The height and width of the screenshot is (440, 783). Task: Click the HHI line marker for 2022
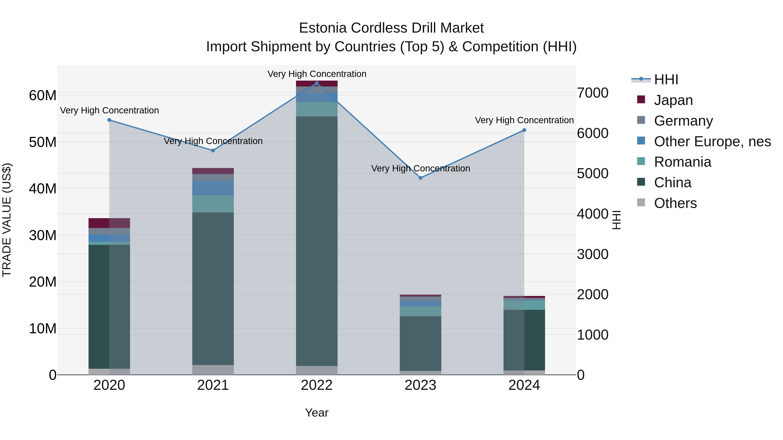(x=317, y=83)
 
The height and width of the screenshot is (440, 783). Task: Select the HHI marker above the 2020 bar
(x=109, y=120)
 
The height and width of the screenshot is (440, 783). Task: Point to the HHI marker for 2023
(x=420, y=178)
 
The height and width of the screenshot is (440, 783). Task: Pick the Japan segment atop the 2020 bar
(x=109, y=223)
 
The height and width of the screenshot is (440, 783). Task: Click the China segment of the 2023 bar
(x=420, y=343)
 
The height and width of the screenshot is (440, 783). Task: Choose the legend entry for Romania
(x=682, y=162)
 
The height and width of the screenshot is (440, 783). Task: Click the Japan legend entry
(x=673, y=100)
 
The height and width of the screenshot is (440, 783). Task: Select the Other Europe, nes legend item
(x=712, y=141)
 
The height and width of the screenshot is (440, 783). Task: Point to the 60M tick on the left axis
(x=43, y=95)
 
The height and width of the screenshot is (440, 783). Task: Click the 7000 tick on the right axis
(x=592, y=93)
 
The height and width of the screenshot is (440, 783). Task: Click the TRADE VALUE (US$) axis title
(x=7, y=220)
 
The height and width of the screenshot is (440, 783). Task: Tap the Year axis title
(x=317, y=413)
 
